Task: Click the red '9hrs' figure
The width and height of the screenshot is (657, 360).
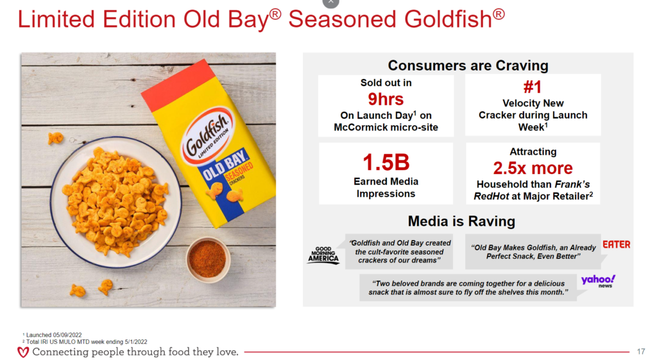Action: pyautogui.click(x=386, y=99)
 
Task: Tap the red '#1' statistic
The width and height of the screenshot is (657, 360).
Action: pyautogui.click(x=533, y=87)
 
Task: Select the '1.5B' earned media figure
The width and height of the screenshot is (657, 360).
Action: pyautogui.click(x=386, y=162)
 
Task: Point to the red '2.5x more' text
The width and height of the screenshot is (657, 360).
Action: pyautogui.click(x=533, y=168)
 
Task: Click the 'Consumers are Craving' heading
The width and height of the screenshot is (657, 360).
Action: pyautogui.click(x=468, y=65)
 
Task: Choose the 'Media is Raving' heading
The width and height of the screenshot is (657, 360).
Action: pyautogui.click(x=461, y=221)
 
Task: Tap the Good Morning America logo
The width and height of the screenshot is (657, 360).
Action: pyautogui.click(x=323, y=255)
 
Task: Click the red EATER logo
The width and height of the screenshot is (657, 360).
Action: pyautogui.click(x=617, y=244)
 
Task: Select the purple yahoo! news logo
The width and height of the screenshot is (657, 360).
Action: pyautogui.click(x=599, y=281)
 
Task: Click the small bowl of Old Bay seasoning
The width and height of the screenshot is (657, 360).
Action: pyautogui.click(x=208, y=259)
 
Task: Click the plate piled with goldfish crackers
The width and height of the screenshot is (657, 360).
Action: pyautogui.click(x=115, y=202)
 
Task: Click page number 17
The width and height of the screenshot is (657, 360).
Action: pyautogui.click(x=641, y=352)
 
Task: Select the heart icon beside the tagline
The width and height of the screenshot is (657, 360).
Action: pyautogui.click(x=23, y=352)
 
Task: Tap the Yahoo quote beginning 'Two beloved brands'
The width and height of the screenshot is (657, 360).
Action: pyautogui.click(x=468, y=288)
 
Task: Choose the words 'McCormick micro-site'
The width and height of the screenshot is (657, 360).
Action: pyautogui.click(x=386, y=128)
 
